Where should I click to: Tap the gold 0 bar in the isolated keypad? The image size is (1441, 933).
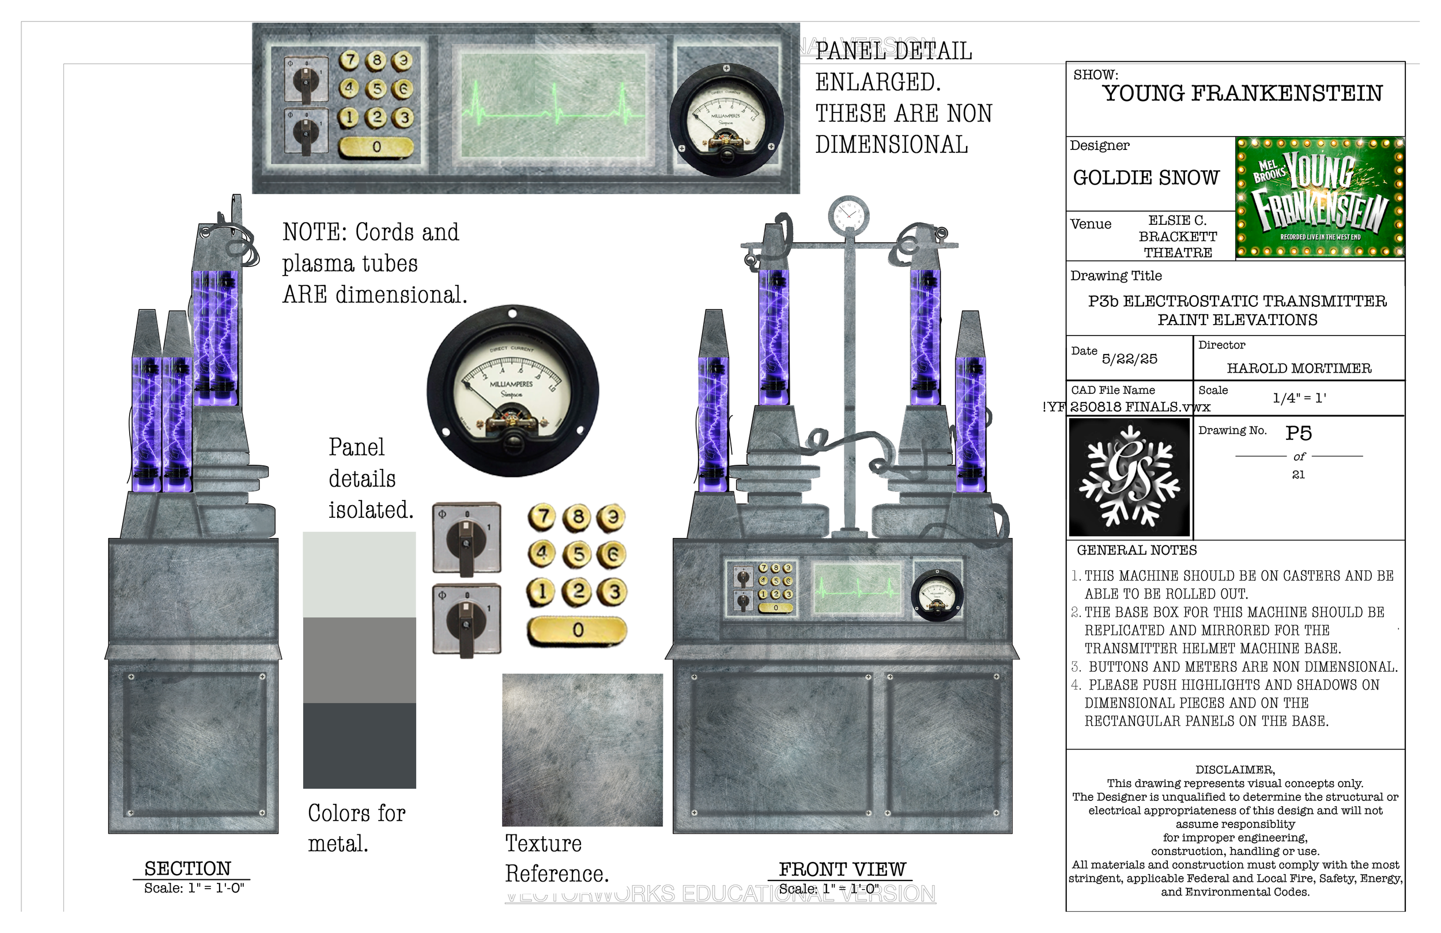577,630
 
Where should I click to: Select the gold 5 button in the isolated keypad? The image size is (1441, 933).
578,554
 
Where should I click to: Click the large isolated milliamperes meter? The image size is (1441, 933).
513,391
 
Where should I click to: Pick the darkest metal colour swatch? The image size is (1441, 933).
359,745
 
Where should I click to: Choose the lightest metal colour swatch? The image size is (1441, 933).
359,574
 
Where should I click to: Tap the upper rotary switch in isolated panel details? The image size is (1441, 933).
466,537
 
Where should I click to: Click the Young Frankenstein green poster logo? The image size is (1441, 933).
1319,198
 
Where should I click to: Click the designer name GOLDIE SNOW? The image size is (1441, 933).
1145,178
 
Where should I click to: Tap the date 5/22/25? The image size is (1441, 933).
1129,359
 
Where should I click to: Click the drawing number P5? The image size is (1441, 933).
1298,433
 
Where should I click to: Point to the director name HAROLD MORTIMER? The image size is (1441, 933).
1299,368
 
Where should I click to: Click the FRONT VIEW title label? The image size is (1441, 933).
842,870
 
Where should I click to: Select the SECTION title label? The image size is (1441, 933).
188,868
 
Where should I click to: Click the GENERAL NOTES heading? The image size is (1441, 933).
1137,550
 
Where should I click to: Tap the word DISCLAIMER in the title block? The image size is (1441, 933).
1235,769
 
